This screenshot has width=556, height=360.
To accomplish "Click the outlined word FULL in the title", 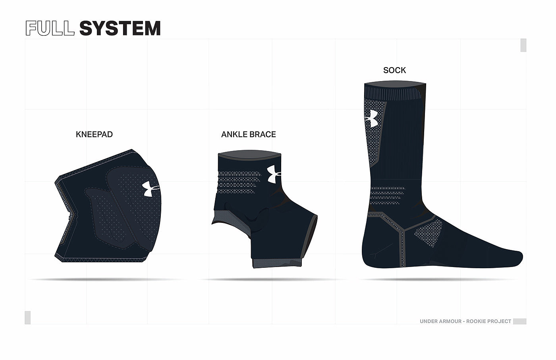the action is pyautogui.click(x=50, y=28).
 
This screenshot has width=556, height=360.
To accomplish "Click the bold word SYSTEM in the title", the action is pyautogui.click(x=120, y=28).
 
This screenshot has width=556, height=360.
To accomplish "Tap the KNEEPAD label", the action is pyautogui.click(x=94, y=134).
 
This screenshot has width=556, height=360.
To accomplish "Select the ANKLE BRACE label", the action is pyautogui.click(x=248, y=134).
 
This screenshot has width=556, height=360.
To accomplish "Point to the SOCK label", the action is pyautogui.click(x=394, y=70).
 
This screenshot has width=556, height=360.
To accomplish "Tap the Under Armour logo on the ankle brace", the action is pyautogui.click(x=274, y=174).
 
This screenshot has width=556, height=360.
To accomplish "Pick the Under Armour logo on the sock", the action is pyautogui.click(x=371, y=118).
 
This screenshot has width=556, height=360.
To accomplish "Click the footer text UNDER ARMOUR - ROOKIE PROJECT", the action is pyautogui.click(x=465, y=321).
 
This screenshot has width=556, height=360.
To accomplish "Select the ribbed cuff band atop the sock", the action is pyautogui.click(x=395, y=94).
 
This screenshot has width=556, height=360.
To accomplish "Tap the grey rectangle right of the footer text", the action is pyautogui.click(x=519, y=321).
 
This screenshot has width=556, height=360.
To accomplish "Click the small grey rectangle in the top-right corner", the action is pyautogui.click(x=523, y=45).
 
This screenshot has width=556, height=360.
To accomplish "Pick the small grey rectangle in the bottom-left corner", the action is pyautogui.click(x=27, y=317).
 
